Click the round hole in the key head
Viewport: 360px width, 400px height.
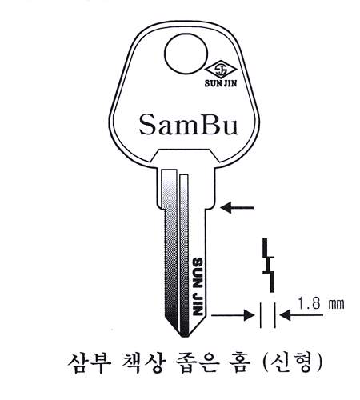[x=186, y=54]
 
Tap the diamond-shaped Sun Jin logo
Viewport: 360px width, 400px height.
[x=221, y=70]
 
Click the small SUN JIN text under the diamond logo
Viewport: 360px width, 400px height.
[x=221, y=83]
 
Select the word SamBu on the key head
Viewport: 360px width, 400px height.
[x=188, y=125]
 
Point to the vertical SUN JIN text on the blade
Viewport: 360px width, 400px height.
[x=198, y=286]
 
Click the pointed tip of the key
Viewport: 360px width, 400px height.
[x=183, y=337]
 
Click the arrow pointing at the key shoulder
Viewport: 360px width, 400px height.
[x=238, y=207]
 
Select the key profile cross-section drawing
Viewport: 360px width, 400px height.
[x=269, y=266]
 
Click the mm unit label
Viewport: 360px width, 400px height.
[x=336, y=304]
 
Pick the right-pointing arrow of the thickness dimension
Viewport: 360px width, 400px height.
[x=233, y=315]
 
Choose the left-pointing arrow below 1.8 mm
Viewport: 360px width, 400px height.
[x=302, y=315]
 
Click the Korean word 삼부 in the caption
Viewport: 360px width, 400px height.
[x=89, y=363]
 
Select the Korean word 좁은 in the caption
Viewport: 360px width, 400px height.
[x=198, y=363]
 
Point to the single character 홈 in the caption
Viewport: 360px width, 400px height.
[x=240, y=363]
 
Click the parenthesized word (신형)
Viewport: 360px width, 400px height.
[x=293, y=364]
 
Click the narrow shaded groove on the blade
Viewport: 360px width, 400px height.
[x=184, y=254]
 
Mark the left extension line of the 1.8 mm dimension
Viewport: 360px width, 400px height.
[x=261, y=315]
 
